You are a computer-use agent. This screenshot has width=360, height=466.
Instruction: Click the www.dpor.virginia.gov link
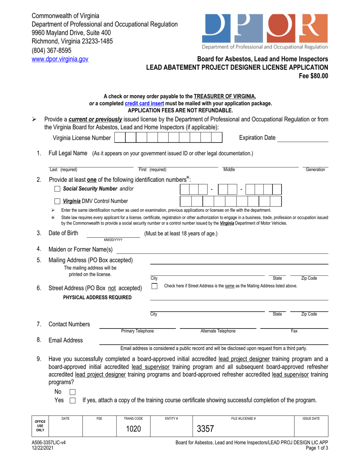coord(60,59)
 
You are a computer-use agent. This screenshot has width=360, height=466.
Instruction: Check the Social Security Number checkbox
coord(57,189)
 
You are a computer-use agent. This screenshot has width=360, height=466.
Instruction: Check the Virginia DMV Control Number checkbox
coord(57,201)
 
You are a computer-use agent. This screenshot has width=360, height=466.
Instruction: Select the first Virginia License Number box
coord(120,138)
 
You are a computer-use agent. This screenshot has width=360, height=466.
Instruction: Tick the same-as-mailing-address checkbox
coord(154,286)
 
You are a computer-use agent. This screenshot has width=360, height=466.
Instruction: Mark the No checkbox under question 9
coord(73,392)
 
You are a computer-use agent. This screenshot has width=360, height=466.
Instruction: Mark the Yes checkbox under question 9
coord(73,400)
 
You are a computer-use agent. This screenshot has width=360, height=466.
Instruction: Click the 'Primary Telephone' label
coord(137,331)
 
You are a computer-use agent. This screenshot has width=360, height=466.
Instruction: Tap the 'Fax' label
coord(294,331)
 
